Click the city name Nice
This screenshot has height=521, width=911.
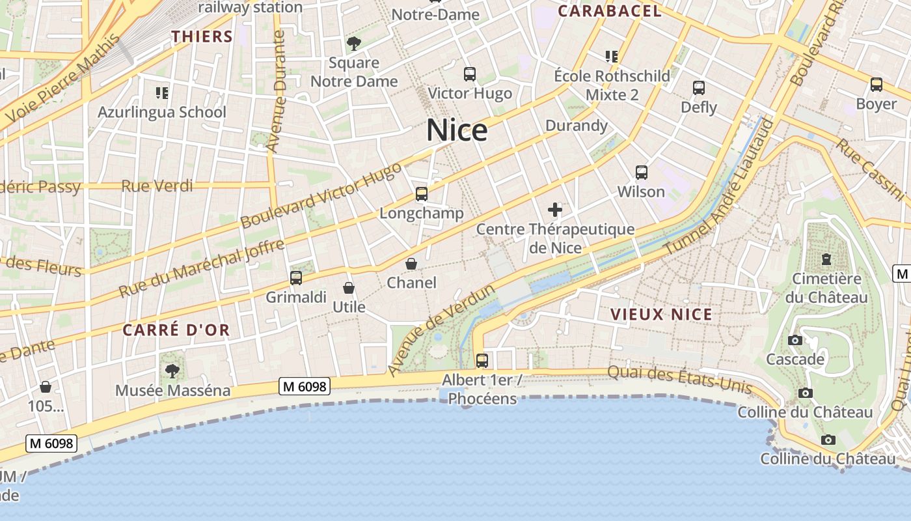click(x=457, y=130)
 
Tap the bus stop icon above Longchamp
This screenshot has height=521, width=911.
click(x=422, y=194)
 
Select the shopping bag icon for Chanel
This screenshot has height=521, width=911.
click(x=411, y=264)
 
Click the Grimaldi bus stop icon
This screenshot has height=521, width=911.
click(x=296, y=278)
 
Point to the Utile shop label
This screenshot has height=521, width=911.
click(x=349, y=307)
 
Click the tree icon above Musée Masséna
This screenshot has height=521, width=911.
click(x=172, y=371)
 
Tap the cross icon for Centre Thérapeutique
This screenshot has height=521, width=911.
click(x=555, y=210)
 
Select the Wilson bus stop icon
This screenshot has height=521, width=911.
click(x=642, y=173)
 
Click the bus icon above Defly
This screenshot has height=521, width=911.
click(x=699, y=87)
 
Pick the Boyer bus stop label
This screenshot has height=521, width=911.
click(x=876, y=104)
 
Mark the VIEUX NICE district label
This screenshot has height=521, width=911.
click(x=661, y=315)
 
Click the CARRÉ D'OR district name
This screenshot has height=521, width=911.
click(x=176, y=330)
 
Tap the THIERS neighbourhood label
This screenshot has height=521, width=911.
click(x=202, y=36)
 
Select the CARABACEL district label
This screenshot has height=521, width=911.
click(x=610, y=11)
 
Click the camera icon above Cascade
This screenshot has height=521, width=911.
click(x=795, y=340)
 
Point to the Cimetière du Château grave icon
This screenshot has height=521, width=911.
click(x=826, y=259)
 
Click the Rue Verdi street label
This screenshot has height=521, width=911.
click(x=157, y=186)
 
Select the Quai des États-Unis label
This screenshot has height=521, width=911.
click(x=679, y=380)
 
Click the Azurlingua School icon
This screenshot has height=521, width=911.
click(x=162, y=92)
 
